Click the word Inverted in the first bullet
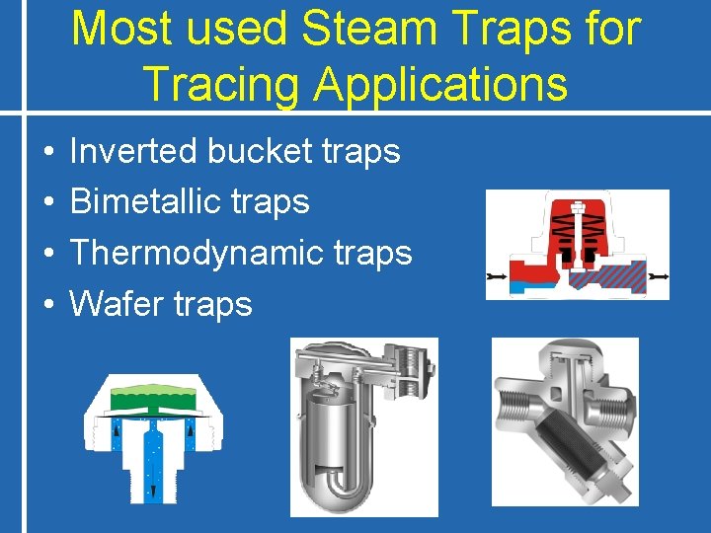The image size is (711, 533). click(x=135, y=151)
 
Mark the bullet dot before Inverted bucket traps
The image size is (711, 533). click(x=47, y=153)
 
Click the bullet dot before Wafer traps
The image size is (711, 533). click(x=47, y=305)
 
